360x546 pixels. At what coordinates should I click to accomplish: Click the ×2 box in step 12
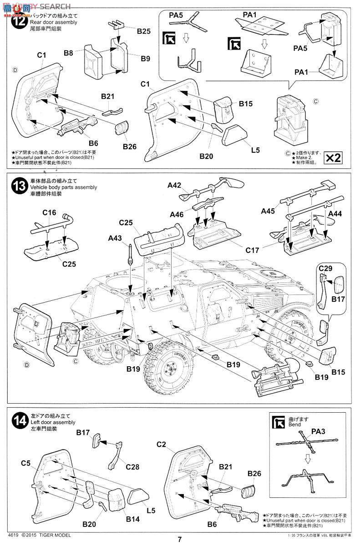333,157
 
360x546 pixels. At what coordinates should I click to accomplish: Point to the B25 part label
143,31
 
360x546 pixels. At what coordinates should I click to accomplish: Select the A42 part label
174,185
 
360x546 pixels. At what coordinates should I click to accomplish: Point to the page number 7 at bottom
180,540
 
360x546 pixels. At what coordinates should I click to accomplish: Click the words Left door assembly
53,422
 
